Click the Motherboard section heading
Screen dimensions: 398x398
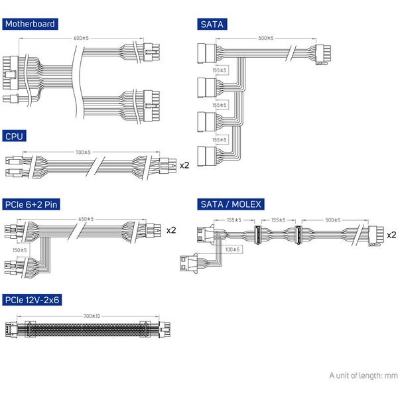pyautogui.click(x=30, y=24)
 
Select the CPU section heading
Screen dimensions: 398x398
pyautogui.click(x=14, y=136)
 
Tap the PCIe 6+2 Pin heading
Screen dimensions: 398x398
pyautogui.click(x=31, y=204)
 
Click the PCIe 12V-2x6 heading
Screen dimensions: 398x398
pyautogui.click(x=32, y=300)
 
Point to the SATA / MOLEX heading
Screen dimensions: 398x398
pyautogui.click(x=231, y=204)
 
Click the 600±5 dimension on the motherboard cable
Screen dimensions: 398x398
pyautogui.click(x=81, y=38)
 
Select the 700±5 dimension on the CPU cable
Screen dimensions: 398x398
pyautogui.click(x=83, y=153)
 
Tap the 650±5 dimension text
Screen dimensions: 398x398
pyautogui.click(x=86, y=219)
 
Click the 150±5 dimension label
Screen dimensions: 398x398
pyautogui.click(x=19, y=250)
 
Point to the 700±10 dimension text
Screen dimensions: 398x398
pyautogui.click(x=92, y=316)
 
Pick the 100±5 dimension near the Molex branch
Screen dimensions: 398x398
pyautogui.click(x=232, y=249)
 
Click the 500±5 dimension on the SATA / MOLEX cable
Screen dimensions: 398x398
pyautogui.click(x=333, y=220)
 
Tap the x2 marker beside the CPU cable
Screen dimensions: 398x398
pyautogui.click(x=184, y=165)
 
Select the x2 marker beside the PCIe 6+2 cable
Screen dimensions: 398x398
pyautogui.click(x=171, y=230)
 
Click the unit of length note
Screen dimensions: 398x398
pyautogui.click(x=364, y=375)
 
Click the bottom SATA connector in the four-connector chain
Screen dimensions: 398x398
pyautogui.click(x=206, y=156)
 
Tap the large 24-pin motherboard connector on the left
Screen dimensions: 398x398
pyautogui.click(x=11, y=73)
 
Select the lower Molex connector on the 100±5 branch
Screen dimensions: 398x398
pyautogui.click(x=189, y=263)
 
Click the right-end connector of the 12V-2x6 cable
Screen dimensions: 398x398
pyautogui.click(x=165, y=330)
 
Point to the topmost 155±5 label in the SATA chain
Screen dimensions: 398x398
pyautogui.click(x=220, y=70)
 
